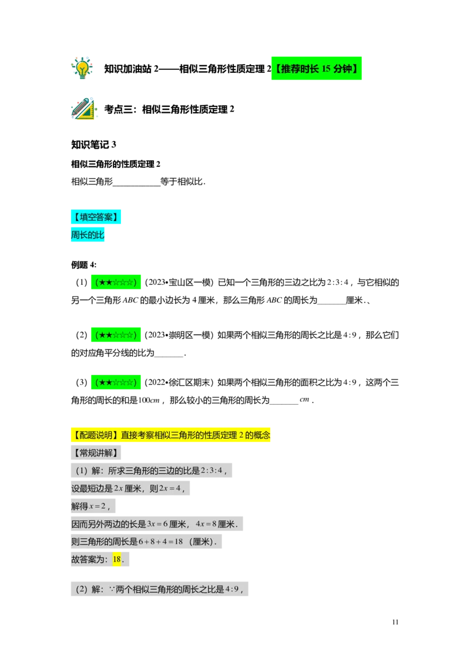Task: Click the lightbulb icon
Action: coord(82,68)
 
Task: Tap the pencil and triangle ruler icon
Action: coord(84,109)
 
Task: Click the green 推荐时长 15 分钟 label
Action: coord(317,69)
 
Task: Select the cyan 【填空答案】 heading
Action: coord(96,217)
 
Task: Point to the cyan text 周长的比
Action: coord(88,235)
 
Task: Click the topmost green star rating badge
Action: coord(116,282)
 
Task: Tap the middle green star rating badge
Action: coord(116,334)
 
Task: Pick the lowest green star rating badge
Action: coord(116,382)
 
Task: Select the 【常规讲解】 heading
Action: coord(96,453)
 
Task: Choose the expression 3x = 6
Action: coord(157,524)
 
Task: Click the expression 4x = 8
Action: coord(206,524)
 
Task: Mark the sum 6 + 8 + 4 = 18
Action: coord(161,542)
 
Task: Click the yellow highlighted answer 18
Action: coord(116,559)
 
